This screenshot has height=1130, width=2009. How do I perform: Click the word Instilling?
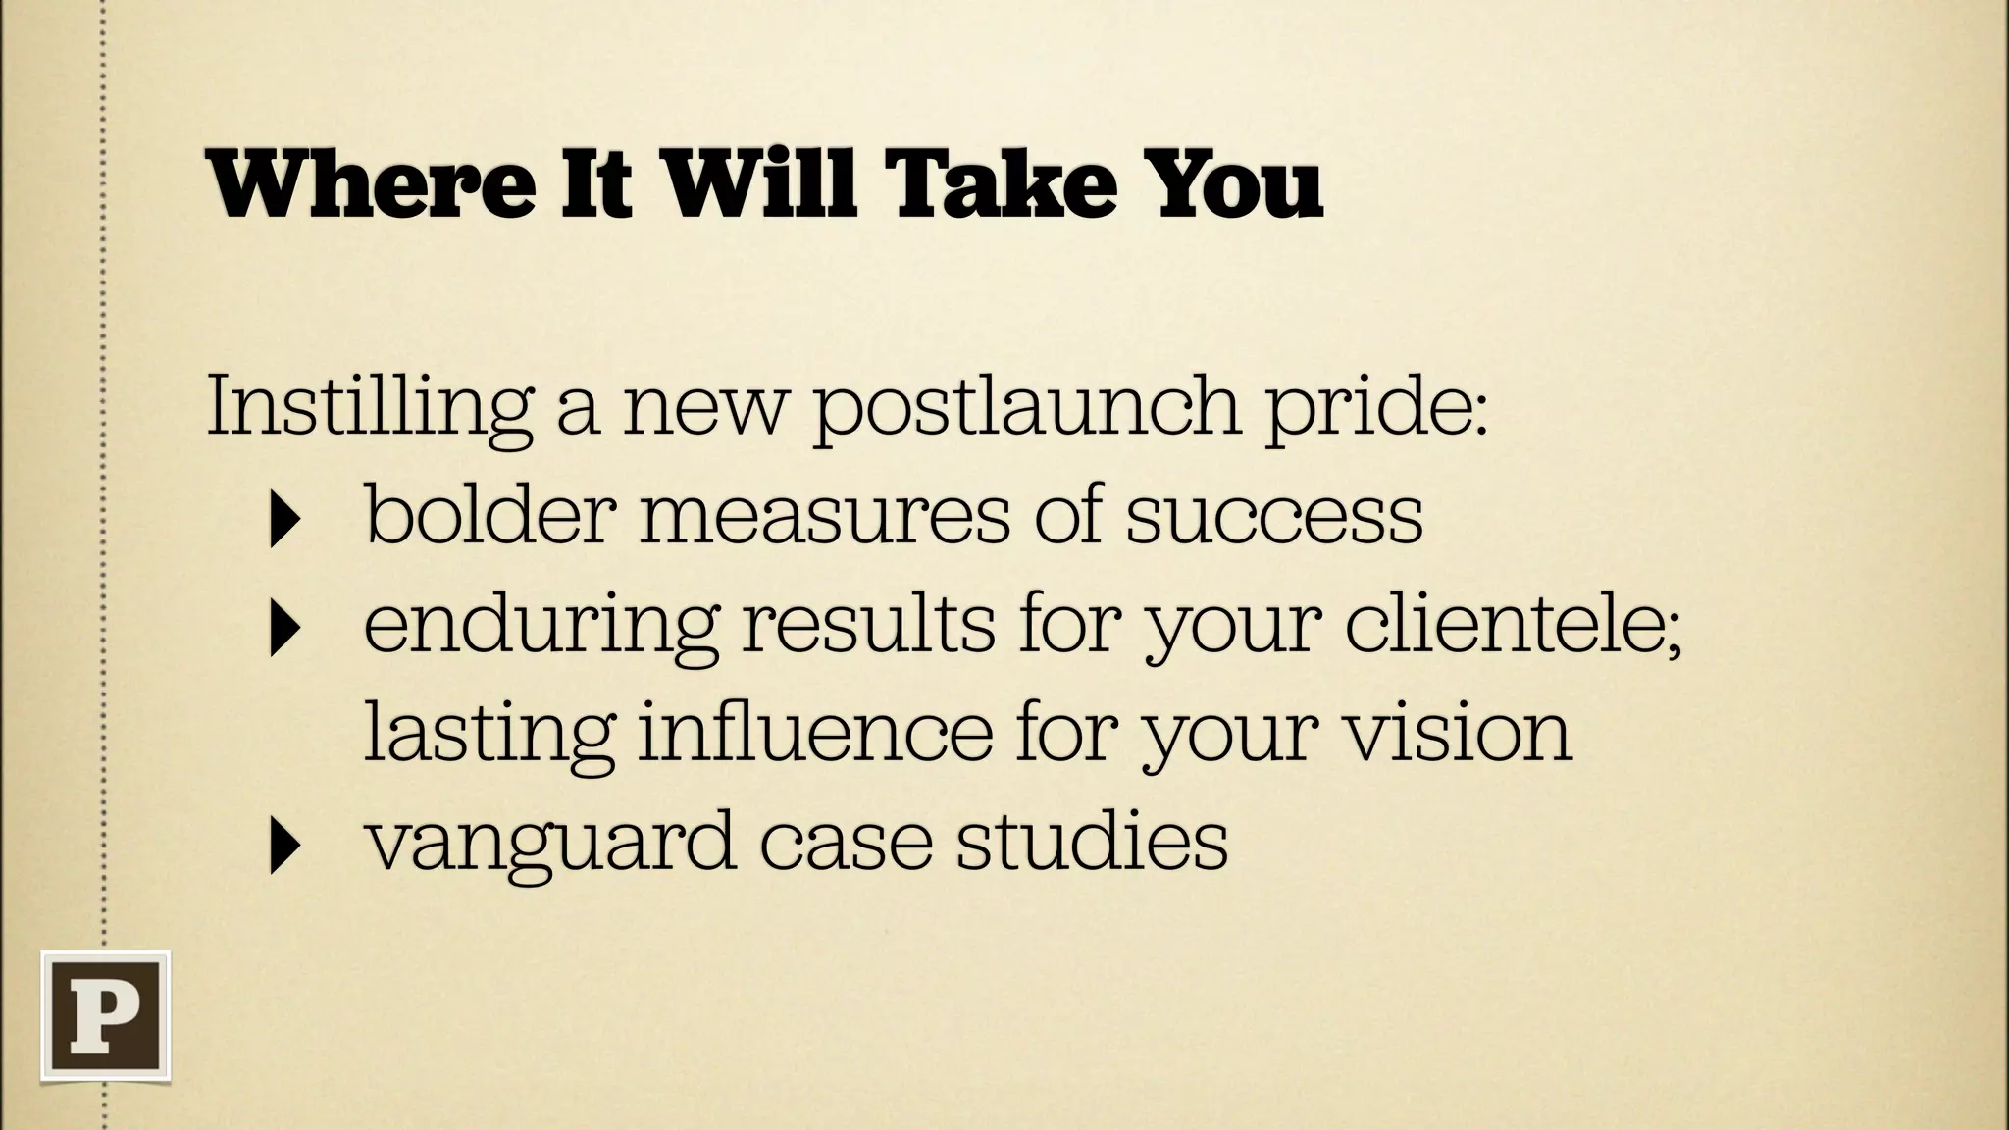(x=370, y=406)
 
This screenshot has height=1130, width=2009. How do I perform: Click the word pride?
(x=1373, y=406)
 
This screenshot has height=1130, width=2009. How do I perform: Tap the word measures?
(x=824, y=516)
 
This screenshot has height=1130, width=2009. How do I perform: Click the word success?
(x=1273, y=516)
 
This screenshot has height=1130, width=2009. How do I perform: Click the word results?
(x=867, y=624)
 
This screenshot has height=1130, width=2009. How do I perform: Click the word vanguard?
(x=549, y=842)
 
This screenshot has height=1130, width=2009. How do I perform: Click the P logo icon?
(x=105, y=1015)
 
